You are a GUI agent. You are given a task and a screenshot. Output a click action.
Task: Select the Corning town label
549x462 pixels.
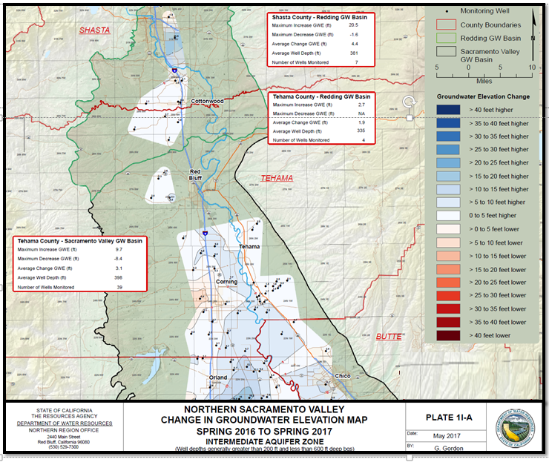click(x=227, y=283)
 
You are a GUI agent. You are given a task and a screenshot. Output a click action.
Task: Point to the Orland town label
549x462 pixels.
click(x=218, y=377)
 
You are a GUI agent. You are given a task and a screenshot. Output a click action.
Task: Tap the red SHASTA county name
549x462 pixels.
click(x=95, y=30)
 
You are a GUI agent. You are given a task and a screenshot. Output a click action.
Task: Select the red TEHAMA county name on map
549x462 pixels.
click(x=276, y=178)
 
